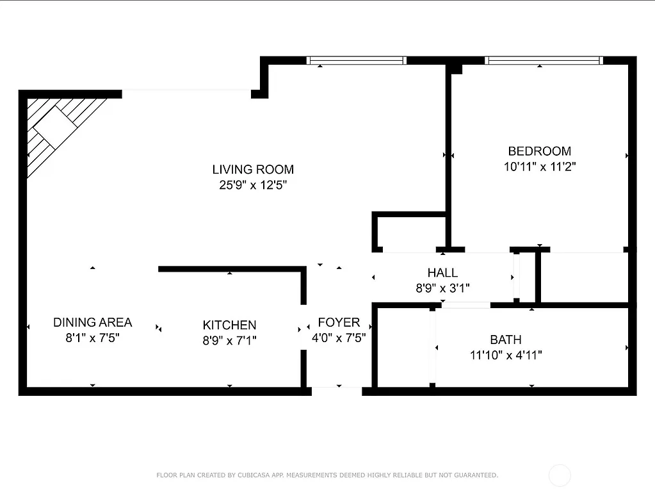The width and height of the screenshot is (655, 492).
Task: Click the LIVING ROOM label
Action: click(x=253, y=170)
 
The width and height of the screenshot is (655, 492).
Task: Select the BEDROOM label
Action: click(x=539, y=151)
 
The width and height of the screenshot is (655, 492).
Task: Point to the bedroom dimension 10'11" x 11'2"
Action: click(x=539, y=167)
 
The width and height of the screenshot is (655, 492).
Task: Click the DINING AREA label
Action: click(x=92, y=322)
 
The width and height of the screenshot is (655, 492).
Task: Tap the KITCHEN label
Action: click(x=229, y=325)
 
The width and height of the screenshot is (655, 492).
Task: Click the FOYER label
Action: click(x=339, y=322)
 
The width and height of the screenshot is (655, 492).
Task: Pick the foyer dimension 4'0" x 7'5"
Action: click(x=339, y=338)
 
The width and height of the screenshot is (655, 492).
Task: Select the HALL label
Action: click(x=442, y=274)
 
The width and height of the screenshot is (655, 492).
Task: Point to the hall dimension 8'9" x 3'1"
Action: click(x=442, y=289)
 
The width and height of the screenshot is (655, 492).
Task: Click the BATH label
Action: click(x=505, y=340)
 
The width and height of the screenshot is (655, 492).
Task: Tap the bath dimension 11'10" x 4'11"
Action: click(x=505, y=356)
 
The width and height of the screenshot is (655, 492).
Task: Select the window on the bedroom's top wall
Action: click(x=544, y=61)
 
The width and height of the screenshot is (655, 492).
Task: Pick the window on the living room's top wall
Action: click(x=356, y=61)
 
